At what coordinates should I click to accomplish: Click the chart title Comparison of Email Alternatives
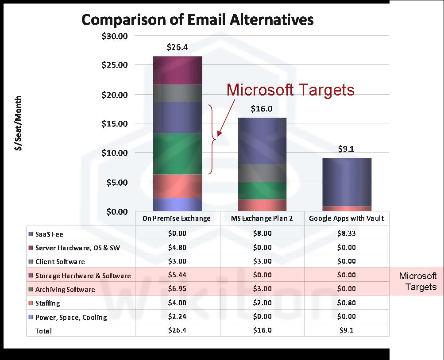tap(197, 20)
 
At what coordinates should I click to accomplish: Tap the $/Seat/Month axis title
tap(18, 123)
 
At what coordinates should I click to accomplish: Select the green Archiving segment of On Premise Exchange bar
tap(178, 153)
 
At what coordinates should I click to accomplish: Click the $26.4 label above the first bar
tap(177, 47)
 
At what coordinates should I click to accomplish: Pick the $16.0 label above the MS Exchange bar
tap(262, 109)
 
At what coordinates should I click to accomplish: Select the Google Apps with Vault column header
tap(346, 218)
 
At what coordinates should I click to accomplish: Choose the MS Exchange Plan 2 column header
tap(262, 218)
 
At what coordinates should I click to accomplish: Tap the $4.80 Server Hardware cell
tap(177, 247)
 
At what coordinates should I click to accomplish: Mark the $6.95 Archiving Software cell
tap(177, 289)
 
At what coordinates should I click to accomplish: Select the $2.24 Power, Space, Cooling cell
tap(177, 317)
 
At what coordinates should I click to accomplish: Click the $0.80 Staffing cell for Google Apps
tap(346, 303)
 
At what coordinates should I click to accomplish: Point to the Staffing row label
tap(47, 303)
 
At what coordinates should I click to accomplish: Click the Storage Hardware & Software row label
tap(83, 276)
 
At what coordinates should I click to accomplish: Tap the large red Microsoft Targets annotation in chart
tap(290, 90)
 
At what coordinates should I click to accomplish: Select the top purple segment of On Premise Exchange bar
tap(178, 70)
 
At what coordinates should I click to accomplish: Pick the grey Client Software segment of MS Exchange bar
tap(262, 173)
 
